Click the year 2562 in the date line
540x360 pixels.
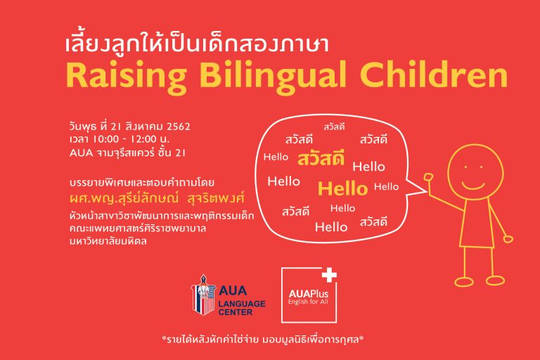click(178, 127)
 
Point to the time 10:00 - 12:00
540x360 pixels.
click(122, 139)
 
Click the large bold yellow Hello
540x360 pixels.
click(342, 188)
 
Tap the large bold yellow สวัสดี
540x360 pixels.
click(321, 157)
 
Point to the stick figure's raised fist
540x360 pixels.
click(428, 177)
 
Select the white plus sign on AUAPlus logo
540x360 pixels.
click(329, 275)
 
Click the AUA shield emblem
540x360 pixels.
click(203, 294)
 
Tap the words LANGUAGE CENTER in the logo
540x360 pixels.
click(241, 308)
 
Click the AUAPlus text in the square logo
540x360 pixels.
click(308, 294)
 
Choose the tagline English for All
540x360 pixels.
click(308, 302)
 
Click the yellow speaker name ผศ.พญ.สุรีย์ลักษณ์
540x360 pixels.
click(124, 198)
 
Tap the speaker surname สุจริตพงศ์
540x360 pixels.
click(216, 198)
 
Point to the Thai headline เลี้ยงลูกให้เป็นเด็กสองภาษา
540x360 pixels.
click(197, 45)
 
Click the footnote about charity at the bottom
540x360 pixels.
click(263, 340)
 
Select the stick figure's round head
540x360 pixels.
click(475, 172)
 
